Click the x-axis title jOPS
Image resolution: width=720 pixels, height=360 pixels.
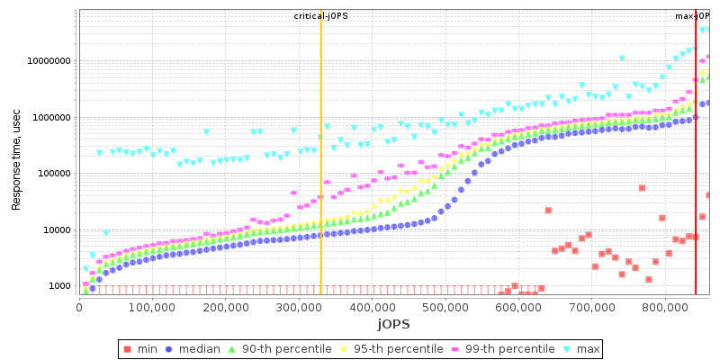coord(395,324)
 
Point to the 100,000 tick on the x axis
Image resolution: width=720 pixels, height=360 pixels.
coord(152,307)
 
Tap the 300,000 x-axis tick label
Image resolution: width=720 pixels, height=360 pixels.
coord(299,307)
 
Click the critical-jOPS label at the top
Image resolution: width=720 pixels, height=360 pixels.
coord(320,16)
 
